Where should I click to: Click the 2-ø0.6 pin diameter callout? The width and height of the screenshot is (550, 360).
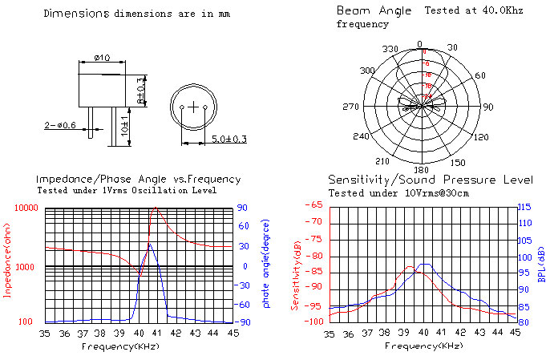60,125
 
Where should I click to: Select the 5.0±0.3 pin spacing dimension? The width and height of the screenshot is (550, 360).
228,140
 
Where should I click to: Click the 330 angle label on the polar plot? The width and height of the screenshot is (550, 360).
390,50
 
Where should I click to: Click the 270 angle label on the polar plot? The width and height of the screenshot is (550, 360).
350,107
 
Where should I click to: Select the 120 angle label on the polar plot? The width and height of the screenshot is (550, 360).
482,138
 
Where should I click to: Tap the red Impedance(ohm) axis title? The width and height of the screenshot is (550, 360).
8,264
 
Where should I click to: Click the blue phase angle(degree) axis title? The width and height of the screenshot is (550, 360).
265,264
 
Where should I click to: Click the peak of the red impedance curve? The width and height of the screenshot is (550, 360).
155,209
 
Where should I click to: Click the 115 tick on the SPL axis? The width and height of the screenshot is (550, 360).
524,208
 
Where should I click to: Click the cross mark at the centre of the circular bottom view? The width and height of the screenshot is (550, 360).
193,107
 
